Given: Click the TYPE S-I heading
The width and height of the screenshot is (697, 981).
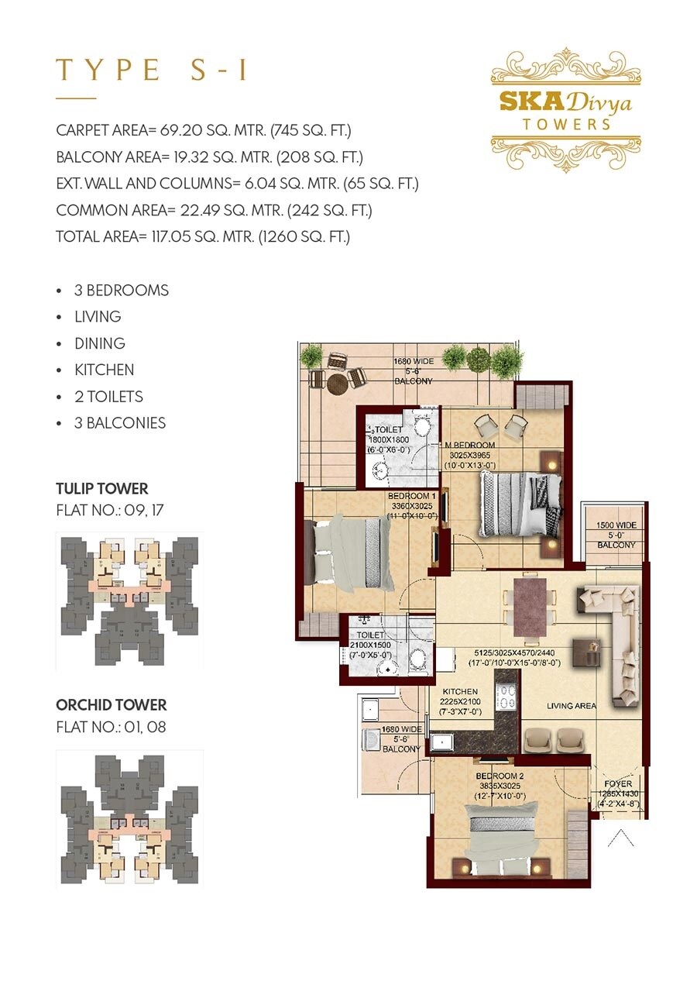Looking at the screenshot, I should [152, 70].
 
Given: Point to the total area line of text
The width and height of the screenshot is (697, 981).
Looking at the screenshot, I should [203, 236].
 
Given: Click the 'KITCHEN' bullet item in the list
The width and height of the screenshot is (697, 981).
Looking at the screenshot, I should [104, 370].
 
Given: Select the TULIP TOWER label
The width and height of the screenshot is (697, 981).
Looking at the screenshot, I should [101, 489].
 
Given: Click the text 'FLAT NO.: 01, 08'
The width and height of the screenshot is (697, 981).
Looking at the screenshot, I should [111, 727].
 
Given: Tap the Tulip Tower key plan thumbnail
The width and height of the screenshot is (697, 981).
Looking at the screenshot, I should [129, 599].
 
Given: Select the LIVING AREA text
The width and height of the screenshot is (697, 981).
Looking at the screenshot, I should [571, 706].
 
